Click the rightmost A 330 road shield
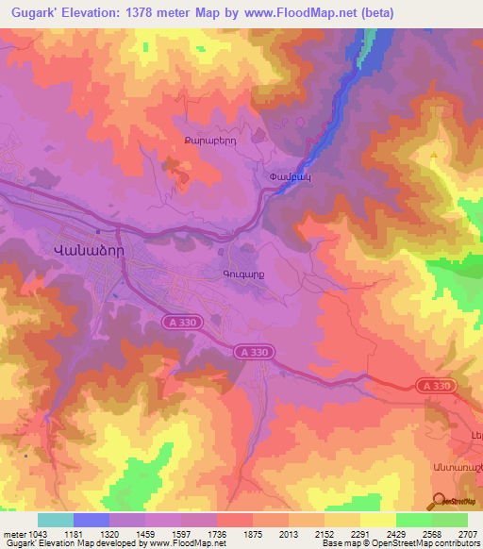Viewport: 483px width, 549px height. click(x=435, y=386)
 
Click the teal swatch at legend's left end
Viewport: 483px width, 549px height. click(x=55, y=520)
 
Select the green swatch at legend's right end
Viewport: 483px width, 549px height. click(x=449, y=520)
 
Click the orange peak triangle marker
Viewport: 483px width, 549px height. click(x=434, y=156)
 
